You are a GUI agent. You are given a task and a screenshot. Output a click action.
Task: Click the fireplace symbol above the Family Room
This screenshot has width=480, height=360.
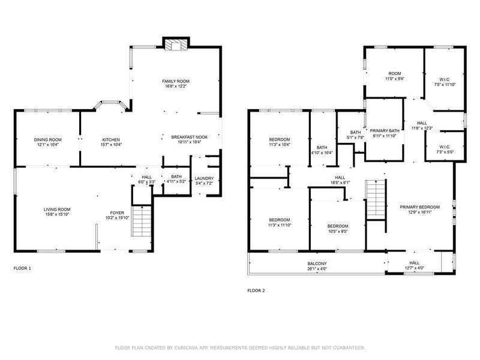pyautogui.click(x=176, y=44)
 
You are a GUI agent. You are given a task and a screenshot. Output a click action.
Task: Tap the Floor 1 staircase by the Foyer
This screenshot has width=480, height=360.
pyautogui.click(x=142, y=221)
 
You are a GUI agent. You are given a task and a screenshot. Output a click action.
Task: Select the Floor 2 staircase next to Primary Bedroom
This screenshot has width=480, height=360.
pyautogui.click(x=376, y=200)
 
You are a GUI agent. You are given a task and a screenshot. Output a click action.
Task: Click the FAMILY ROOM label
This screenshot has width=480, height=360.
pyautogui.click(x=176, y=81)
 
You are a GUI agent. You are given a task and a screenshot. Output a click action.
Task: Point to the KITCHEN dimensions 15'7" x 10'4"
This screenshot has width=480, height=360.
pyautogui.click(x=111, y=145)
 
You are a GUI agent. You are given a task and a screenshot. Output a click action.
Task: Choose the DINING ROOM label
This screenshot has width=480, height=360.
pyautogui.click(x=48, y=140)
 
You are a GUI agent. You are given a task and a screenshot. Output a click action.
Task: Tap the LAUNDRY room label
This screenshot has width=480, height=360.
pyautogui.click(x=204, y=178)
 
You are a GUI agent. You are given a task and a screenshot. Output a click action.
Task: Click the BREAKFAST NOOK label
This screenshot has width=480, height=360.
pyautogui.click(x=190, y=137)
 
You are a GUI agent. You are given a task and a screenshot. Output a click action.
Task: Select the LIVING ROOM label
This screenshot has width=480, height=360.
pyautogui.click(x=57, y=209)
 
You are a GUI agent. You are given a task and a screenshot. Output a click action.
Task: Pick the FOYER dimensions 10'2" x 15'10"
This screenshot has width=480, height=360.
pyautogui.click(x=117, y=218)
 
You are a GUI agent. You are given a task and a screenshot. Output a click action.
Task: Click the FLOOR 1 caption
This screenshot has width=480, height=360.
pyautogui.click(x=22, y=268)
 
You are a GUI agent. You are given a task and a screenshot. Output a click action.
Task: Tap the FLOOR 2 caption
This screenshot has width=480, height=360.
pyautogui.click(x=256, y=290)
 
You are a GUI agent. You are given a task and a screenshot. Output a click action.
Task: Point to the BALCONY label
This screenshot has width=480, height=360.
pyautogui.click(x=317, y=263)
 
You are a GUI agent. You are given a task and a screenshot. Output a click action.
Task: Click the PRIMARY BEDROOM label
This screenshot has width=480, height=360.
pyautogui.click(x=419, y=207)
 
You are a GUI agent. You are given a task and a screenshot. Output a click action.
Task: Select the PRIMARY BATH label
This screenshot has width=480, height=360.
pyautogui.click(x=385, y=130)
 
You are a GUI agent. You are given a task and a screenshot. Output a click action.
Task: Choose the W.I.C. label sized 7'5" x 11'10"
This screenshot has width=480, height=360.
pyautogui.click(x=445, y=80)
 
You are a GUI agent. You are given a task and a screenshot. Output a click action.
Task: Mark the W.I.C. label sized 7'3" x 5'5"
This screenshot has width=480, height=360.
pyautogui.click(x=445, y=147)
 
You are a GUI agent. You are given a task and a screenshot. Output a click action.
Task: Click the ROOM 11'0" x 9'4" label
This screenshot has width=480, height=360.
pyautogui.click(x=395, y=73)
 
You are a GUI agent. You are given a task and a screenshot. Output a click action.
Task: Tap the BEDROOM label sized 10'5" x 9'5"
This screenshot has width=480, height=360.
pyautogui.click(x=338, y=226)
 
